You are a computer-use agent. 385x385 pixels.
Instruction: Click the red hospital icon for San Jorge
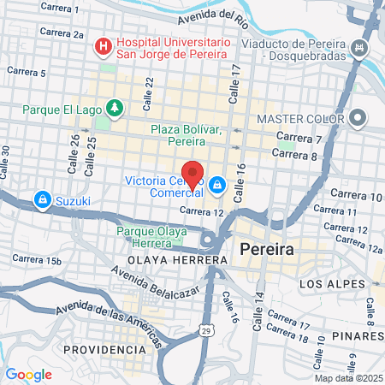point(104,44)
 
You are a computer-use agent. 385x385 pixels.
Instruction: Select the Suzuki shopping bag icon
point(41,200)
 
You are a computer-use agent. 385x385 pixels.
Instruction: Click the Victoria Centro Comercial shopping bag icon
point(218,183)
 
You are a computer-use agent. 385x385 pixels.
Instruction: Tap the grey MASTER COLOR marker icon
point(358,117)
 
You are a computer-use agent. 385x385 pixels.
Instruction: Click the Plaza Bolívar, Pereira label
point(186,134)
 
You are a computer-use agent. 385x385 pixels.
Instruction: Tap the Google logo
point(28,374)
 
